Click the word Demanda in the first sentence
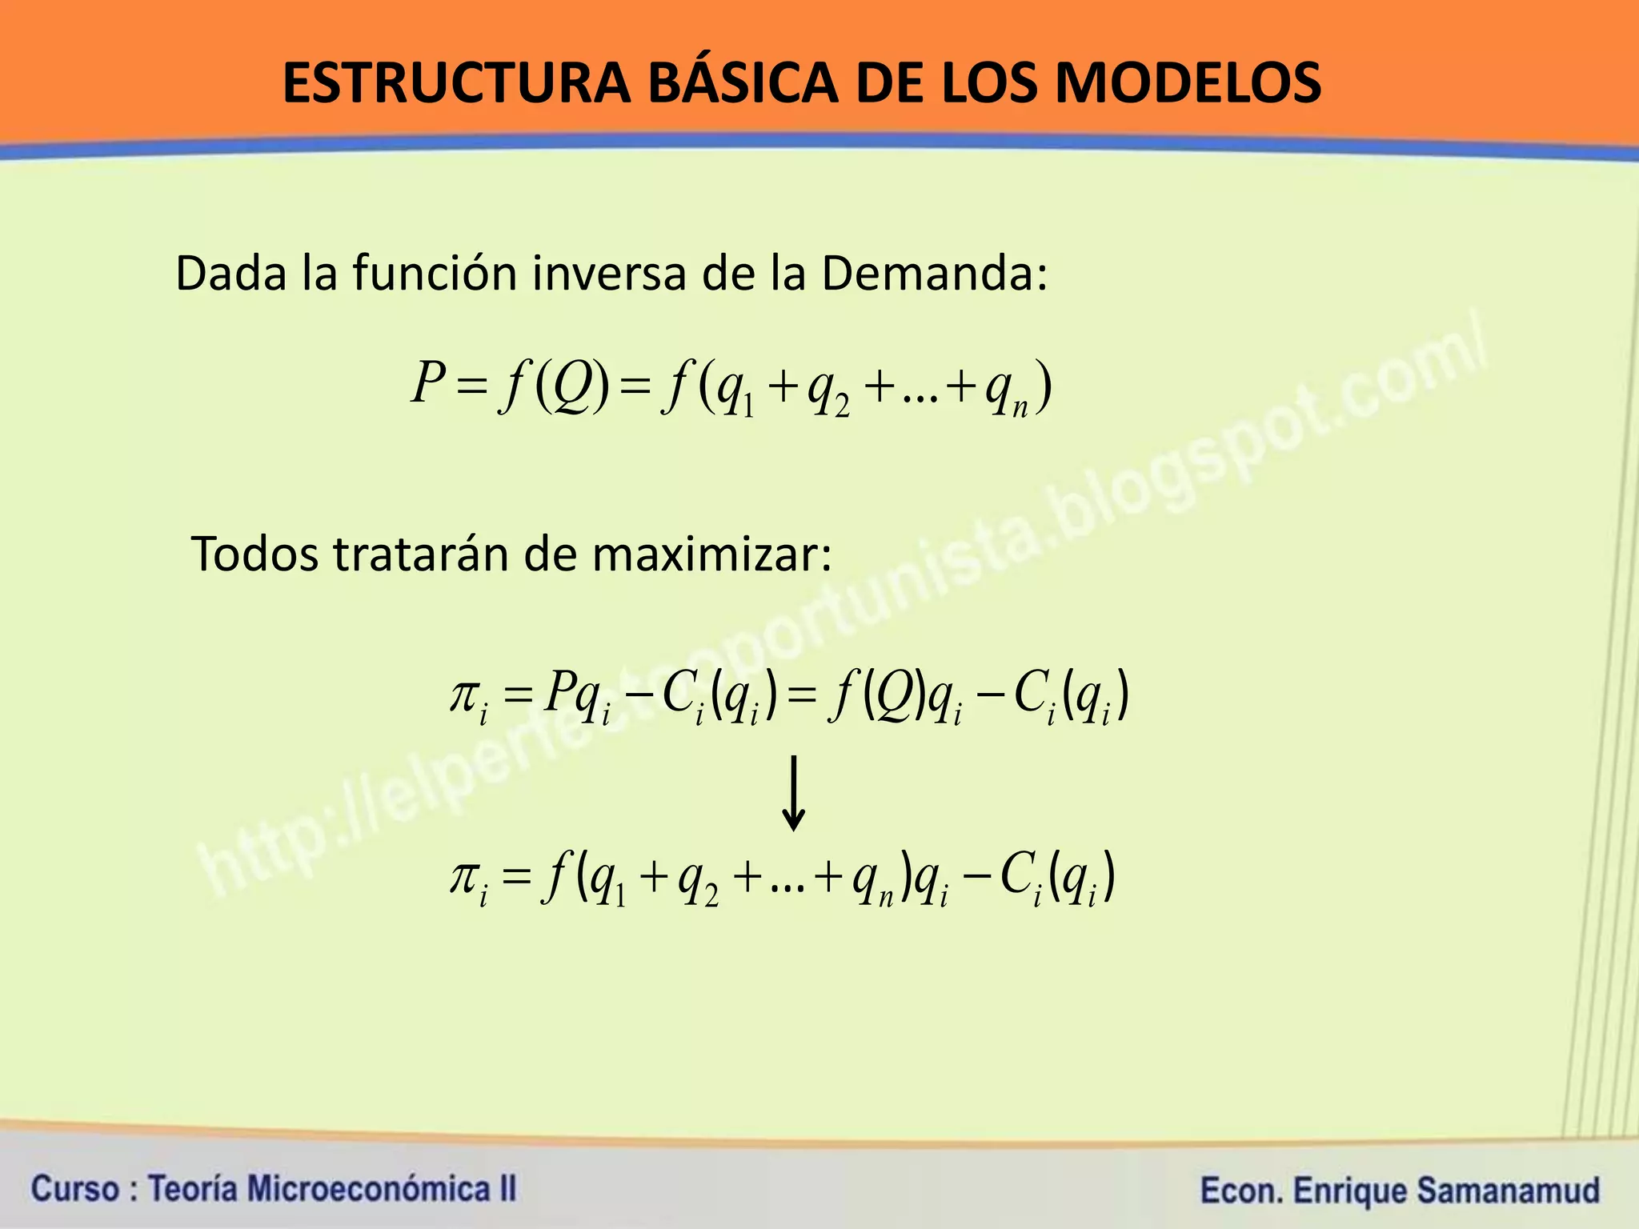point(933,274)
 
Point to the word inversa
point(609,274)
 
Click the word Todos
point(254,554)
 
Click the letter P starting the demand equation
point(428,382)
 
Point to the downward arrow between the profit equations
point(793,793)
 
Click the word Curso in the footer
point(75,1189)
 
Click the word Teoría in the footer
point(193,1189)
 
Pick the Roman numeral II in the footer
point(507,1189)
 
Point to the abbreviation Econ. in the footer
point(1241,1191)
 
